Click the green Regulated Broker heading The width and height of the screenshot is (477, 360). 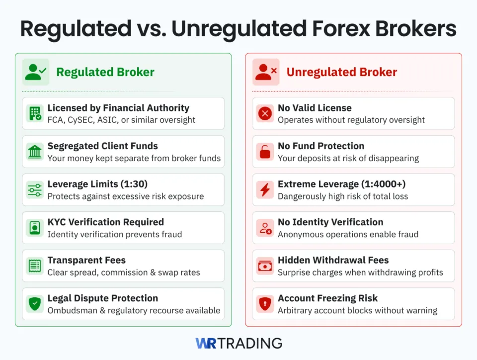pos(105,72)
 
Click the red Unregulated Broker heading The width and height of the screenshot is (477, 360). pos(341,72)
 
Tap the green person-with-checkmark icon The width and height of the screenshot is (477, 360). pos(35,72)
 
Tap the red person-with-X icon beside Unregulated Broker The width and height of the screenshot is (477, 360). pos(266,72)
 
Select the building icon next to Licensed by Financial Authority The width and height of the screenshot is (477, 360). pos(35,113)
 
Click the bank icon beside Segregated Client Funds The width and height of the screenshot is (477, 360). pos(35,152)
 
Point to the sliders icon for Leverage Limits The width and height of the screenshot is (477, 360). pos(35,189)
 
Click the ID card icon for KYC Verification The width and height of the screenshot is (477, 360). pos(35,228)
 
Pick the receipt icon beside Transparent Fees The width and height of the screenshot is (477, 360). pos(35,266)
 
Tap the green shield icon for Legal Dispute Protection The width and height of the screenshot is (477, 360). pos(35,304)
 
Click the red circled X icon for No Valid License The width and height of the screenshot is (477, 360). pos(265,113)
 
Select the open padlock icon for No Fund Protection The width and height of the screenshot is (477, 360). pos(265,152)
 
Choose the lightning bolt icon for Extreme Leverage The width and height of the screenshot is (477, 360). pos(265,189)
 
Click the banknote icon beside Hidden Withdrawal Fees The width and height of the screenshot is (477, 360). pos(265,266)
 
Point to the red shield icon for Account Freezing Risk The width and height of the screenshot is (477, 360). pos(265,304)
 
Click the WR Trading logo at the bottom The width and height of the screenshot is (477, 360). pos(238,343)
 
